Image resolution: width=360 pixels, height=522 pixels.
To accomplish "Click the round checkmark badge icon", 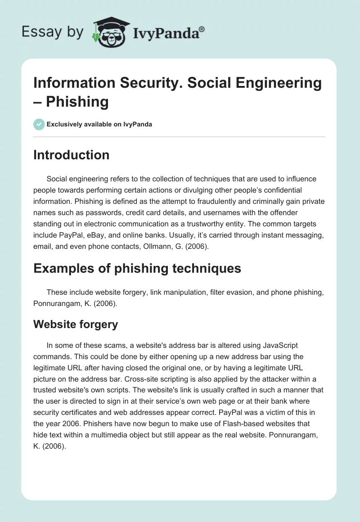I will [x=39, y=124].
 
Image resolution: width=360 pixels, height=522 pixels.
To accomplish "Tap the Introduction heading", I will [x=71, y=155].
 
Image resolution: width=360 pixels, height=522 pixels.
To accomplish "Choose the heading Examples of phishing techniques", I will [x=137, y=269].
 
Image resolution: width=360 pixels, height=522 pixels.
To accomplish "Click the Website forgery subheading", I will [x=76, y=324].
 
